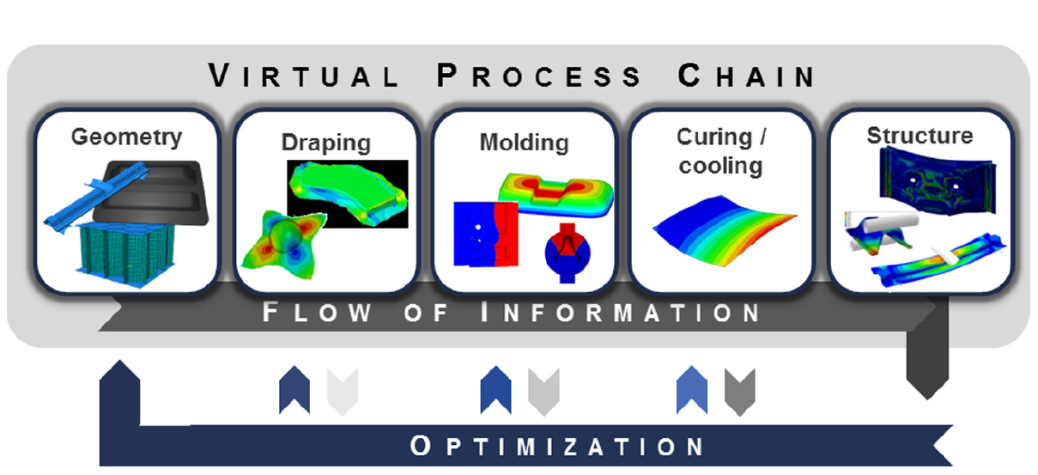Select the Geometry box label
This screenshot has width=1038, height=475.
126,137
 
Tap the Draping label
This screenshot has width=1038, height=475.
325,143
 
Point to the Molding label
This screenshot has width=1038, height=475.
524,142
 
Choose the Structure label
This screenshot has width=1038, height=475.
919,136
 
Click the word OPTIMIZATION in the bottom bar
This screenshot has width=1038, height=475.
557,447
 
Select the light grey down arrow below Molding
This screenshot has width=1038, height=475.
543,391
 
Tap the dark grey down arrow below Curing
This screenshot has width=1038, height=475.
739,391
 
